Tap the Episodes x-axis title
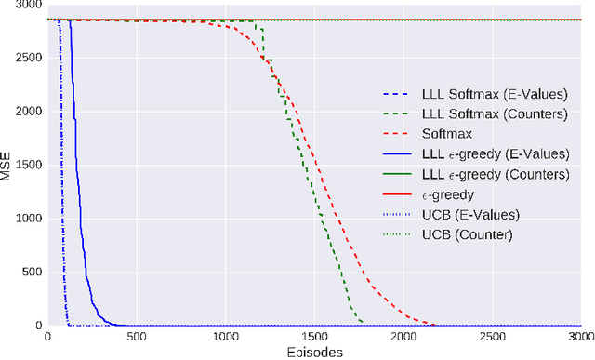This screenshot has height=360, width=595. point(313,352)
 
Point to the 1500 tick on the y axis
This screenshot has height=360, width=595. point(28,165)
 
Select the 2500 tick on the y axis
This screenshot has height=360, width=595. point(28,58)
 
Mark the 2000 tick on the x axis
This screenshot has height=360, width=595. point(403,337)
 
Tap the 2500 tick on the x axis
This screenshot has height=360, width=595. point(492,337)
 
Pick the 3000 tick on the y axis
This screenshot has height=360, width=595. point(28,5)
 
